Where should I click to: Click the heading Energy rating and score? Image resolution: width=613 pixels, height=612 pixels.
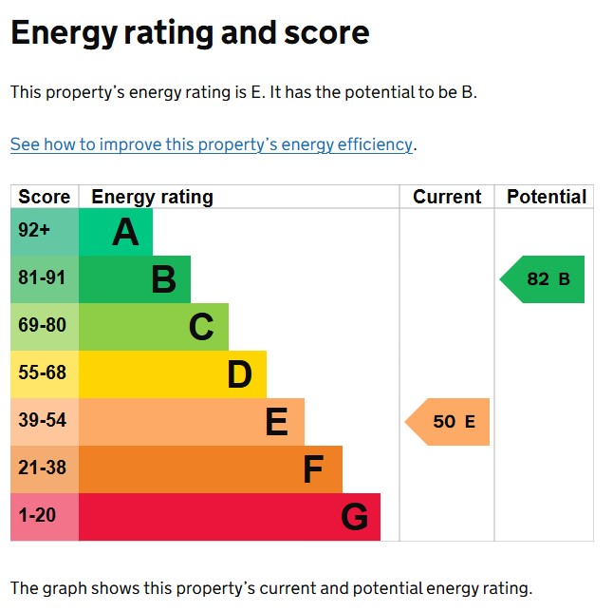pyautogui.click(x=189, y=33)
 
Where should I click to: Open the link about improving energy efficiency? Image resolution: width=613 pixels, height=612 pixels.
pyautogui.click(x=212, y=144)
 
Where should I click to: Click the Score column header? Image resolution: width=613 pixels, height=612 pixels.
pyautogui.click(x=44, y=197)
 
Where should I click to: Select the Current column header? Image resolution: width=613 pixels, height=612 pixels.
pyautogui.click(x=447, y=197)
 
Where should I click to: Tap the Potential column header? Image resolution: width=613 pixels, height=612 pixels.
pyautogui.click(x=546, y=197)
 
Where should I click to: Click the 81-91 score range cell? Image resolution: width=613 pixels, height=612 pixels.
pyautogui.click(x=43, y=278)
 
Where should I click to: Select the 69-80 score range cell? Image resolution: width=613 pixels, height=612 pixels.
pyautogui.click(x=43, y=326)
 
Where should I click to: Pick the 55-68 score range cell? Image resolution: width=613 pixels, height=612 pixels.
pyautogui.click(x=43, y=373)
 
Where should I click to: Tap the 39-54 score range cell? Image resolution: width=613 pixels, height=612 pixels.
pyautogui.click(x=43, y=421)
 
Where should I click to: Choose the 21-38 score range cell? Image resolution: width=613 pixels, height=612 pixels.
pyautogui.click(x=43, y=469)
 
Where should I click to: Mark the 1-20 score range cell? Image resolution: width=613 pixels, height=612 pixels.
pyautogui.click(x=38, y=516)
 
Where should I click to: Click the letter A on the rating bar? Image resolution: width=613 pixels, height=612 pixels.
pyautogui.click(x=125, y=232)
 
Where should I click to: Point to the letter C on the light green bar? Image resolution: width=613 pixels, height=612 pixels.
pyautogui.click(x=201, y=327)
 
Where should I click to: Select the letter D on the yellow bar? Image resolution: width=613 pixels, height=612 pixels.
pyautogui.click(x=239, y=374)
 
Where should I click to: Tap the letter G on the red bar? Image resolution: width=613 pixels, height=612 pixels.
pyautogui.click(x=354, y=517)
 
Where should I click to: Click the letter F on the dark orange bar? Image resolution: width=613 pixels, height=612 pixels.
pyautogui.click(x=313, y=469)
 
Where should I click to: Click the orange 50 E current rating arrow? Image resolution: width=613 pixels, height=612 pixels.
pyautogui.click(x=449, y=422)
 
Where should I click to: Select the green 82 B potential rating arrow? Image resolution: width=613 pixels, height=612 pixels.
pyautogui.click(x=544, y=279)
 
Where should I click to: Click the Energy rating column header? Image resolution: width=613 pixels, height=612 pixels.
pyautogui.click(x=152, y=197)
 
